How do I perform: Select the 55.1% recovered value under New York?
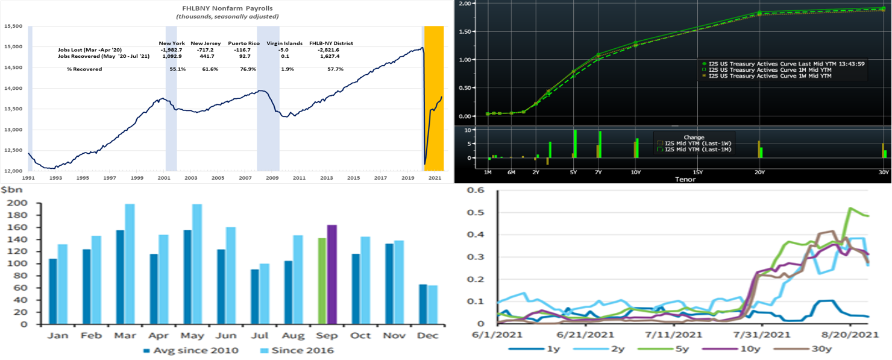178,69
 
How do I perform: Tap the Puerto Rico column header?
243,43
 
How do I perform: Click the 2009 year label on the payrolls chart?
272,178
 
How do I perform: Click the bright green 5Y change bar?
575,144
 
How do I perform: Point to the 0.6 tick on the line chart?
476,190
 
